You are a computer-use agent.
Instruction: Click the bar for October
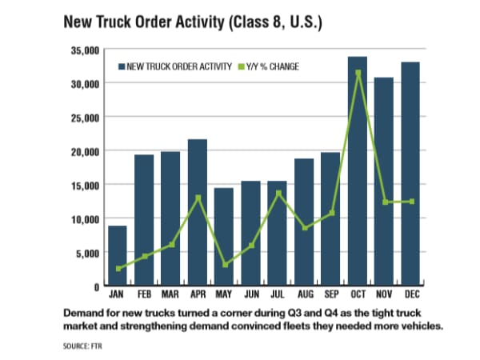click(358, 171)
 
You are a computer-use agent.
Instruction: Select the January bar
click(118, 256)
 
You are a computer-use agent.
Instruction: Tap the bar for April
click(198, 213)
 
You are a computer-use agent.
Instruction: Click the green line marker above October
click(358, 73)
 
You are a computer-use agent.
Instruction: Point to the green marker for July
click(278, 193)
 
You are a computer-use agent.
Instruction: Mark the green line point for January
click(118, 269)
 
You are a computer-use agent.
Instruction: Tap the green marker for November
click(385, 202)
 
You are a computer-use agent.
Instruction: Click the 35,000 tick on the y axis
click(82, 50)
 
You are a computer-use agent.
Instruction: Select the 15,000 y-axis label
click(82, 185)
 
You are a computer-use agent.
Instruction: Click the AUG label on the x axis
click(304, 294)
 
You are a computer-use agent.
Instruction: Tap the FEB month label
click(144, 294)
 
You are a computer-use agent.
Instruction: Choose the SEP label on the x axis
click(330, 294)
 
